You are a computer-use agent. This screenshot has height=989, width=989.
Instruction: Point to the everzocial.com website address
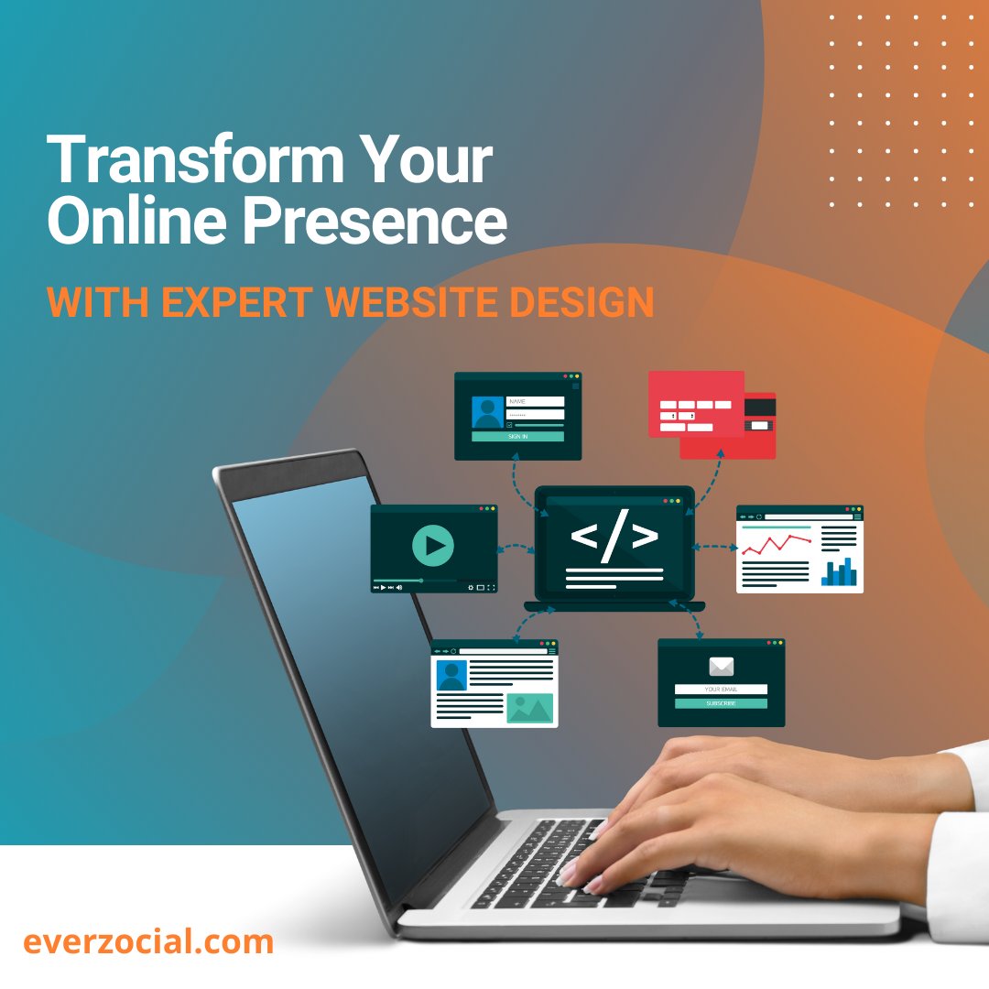pos(148,941)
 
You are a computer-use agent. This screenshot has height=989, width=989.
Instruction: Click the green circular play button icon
pos(433,547)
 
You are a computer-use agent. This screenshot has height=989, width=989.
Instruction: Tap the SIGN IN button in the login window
pos(517,437)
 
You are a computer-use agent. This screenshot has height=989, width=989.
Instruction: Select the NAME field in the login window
pos(535,401)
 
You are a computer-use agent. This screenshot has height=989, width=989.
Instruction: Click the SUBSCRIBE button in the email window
pos(721,703)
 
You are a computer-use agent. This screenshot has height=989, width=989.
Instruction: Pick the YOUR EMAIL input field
pos(721,689)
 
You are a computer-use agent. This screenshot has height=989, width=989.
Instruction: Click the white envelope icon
pos(721,666)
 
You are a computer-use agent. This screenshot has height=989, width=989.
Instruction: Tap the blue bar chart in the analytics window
pos(841,573)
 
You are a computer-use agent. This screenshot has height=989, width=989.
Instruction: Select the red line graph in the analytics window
pos(777,546)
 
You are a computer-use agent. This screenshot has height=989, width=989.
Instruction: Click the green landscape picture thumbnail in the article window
pos(529,708)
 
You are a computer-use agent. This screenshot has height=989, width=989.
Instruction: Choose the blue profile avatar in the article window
pos(451,676)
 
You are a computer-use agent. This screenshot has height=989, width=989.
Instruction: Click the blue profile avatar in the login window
pos(487,412)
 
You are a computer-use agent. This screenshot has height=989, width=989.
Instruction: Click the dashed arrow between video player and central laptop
pos(516,549)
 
